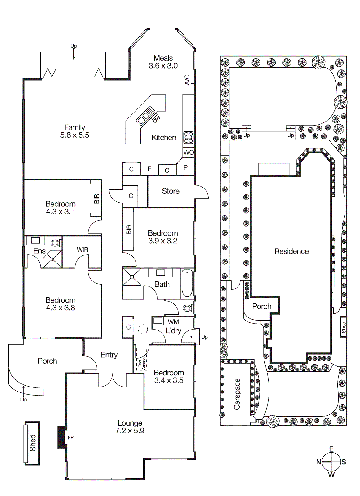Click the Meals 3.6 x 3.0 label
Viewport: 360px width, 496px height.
coord(163,62)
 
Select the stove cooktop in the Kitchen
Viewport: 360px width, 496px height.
coord(189,137)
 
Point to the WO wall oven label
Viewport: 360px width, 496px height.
coord(189,152)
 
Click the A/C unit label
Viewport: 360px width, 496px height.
coord(187,80)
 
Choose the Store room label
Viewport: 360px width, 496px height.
coord(171,191)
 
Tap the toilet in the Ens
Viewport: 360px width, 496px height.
coord(56,243)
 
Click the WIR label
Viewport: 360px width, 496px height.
coord(82,250)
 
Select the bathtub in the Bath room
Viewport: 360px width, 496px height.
coord(187,283)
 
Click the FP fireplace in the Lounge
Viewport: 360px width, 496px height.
coord(71,437)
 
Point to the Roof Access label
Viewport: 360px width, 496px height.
coord(142,363)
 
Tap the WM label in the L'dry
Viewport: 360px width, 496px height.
coord(173,322)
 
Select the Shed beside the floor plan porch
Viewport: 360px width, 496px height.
coord(32,443)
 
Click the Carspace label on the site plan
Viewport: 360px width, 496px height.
coord(237,394)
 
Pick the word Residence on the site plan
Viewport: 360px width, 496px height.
coord(291,251)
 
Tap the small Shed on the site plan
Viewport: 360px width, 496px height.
coord(343,327)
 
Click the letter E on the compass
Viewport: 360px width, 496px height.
coord(331,449)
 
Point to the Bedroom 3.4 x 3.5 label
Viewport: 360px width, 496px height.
coord(169,377)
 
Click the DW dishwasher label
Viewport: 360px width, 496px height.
coord(157,119)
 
